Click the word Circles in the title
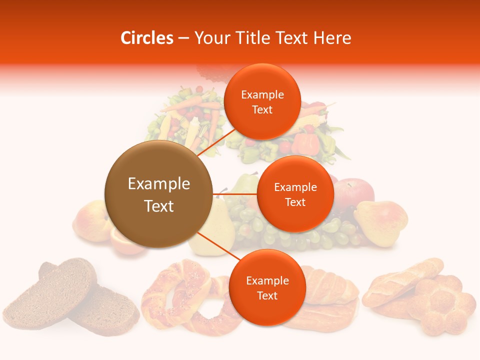(146, 38)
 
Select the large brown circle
(158, 194)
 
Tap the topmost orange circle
(262, 101)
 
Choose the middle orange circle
(295, 194)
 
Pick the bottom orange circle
(267, 287)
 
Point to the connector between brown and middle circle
(234, 193)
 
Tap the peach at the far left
(90, 220)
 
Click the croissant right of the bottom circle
(330, 290)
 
